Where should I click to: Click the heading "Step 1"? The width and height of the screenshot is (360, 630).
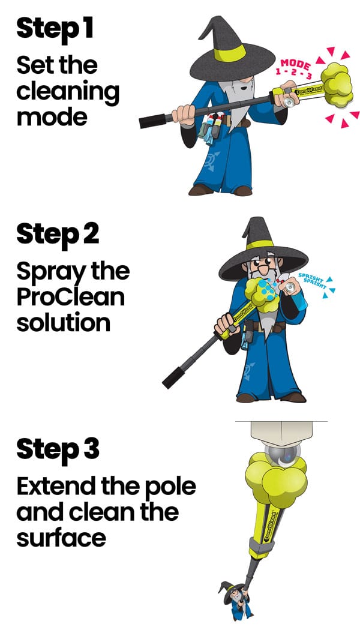[x=55, y=28]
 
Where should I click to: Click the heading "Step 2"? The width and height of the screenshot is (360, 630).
[x=58, y=233]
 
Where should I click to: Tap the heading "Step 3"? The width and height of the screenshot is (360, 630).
[x=58, y=449]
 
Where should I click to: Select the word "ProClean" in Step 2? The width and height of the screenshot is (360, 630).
[x=70, y=297]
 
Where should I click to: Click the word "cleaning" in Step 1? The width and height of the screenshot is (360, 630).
[x=68, y=91]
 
